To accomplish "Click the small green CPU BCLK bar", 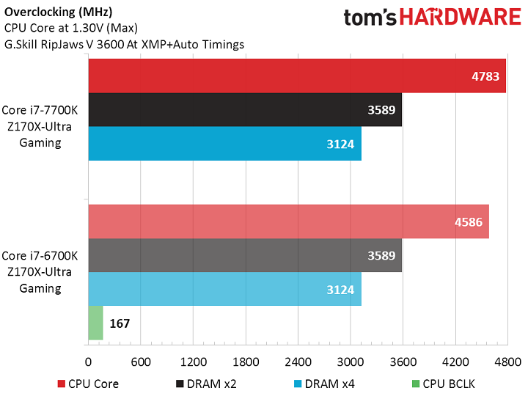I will click(x=95, y=323).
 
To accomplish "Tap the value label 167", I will click(x=120, y=323).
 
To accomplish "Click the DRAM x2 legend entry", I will click(x=207, y=383).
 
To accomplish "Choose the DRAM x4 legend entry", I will click(x=324, y=383).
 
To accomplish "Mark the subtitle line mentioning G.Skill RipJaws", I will click(x=125, y=44).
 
